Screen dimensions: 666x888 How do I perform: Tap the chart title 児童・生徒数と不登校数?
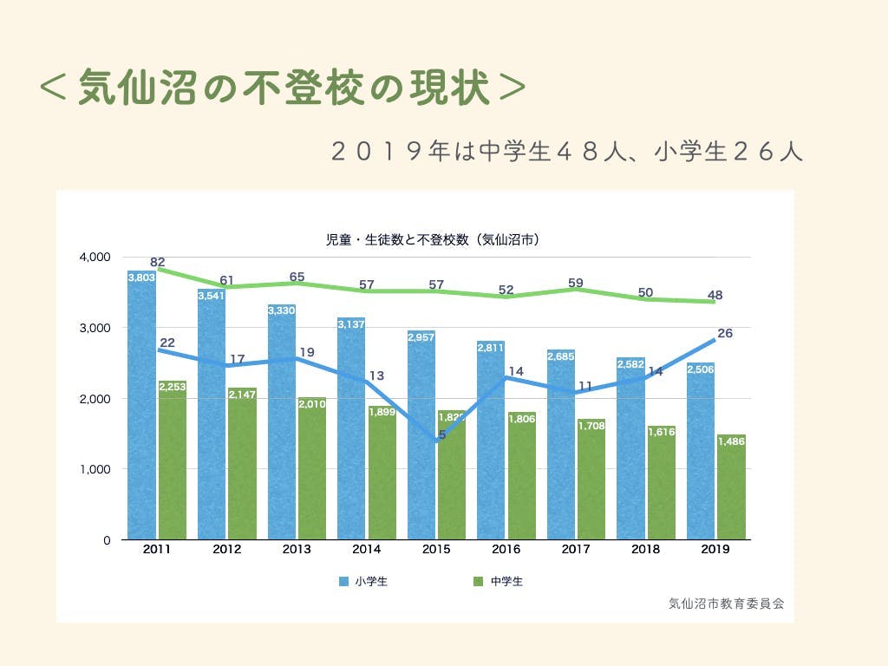(431, 240)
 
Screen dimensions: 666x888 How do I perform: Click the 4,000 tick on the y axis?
(95, 257)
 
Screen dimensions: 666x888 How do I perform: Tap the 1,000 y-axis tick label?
(95, 469)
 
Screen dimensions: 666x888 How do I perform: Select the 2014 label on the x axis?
(365, 549)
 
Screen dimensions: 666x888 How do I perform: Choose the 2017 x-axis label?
(575, 549)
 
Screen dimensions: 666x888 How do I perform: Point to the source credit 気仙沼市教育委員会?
(726, 604)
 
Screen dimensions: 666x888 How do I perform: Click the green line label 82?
(157, 262)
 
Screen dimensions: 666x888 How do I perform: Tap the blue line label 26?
(724, 332)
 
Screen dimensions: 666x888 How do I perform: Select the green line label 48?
(715, 294)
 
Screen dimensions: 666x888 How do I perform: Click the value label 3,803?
(141, 277)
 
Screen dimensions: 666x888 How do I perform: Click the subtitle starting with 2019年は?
(567, 151)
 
